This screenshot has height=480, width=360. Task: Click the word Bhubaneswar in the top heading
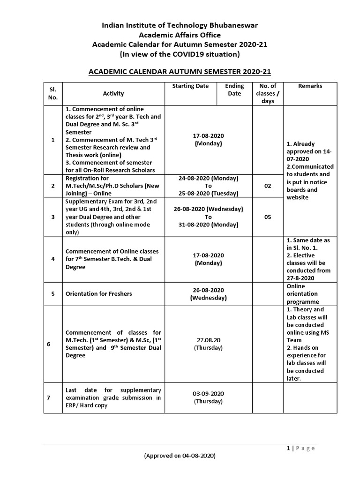(x=229, y=25)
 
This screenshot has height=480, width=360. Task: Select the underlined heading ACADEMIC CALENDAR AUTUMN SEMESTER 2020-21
(x=180, y=72)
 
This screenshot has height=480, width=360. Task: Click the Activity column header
(x=113, y=94)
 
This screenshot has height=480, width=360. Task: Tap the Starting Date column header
(x=190, y=86)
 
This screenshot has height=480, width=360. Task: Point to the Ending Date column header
(x=234, y=90)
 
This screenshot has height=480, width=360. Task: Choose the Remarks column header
(x=310, y=86)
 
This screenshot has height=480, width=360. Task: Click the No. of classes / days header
(x=268, y=93)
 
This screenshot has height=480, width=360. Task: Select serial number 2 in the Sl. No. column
(x=53, y=186)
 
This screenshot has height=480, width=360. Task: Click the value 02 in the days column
(x=268, y=186)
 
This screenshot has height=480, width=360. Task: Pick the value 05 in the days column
(x=268, y=217)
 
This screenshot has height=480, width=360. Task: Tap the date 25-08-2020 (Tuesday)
(x=208, y=194)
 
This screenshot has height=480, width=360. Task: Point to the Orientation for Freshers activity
(x=99, y=294)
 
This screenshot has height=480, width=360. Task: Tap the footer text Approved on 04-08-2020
(x=180, y=456)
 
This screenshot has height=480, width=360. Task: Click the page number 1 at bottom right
(x=288, y=448)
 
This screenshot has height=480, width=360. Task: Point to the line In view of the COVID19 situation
(x=180, y=54)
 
